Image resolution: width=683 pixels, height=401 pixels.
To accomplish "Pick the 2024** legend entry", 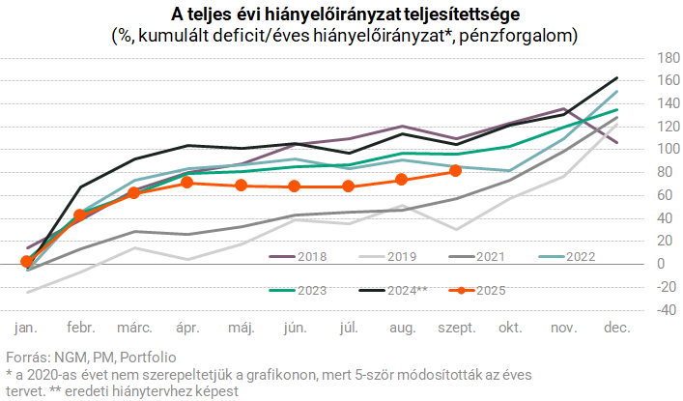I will click(390, 290).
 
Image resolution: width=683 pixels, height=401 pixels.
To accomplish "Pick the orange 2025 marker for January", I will click(27, 261).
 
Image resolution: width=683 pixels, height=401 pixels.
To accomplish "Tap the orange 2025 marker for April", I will click(187, 183).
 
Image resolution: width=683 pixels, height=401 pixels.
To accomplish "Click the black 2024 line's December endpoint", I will click(616, 78).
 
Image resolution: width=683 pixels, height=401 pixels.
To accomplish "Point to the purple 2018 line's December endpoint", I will click(616, 142).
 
